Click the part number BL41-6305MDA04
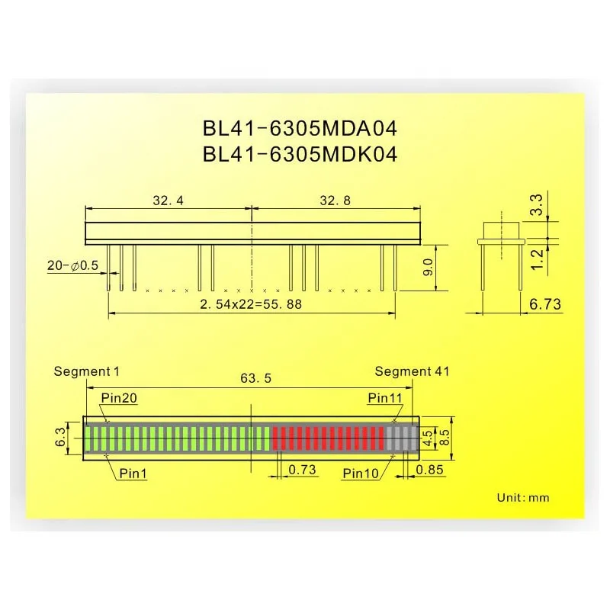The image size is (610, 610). point(300,127)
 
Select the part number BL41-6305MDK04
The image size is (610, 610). point(300,155)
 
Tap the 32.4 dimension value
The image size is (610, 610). point(168,201)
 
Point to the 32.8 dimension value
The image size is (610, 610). point(335,201)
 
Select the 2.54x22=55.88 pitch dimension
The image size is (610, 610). point(251,303)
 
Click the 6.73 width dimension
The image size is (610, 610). point(544,304)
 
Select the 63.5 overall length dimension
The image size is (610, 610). point(251,377)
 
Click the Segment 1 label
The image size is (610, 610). point(87,371)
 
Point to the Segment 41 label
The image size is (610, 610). point(412,371)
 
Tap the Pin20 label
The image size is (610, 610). point(119,397)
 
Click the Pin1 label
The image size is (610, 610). point(133,473)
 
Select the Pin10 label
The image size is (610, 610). point(361,473)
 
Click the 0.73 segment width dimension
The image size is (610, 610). point(303,470)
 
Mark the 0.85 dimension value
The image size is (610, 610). point(430,470)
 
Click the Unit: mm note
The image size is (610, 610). point(522,497)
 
